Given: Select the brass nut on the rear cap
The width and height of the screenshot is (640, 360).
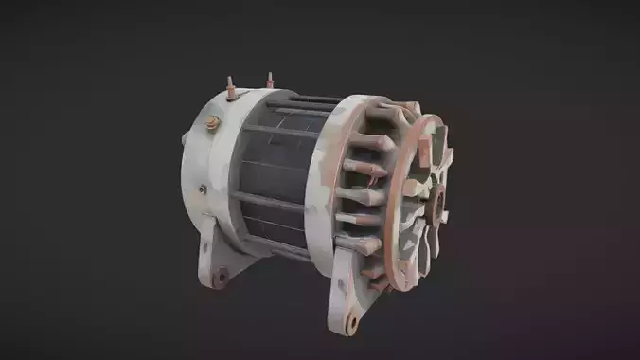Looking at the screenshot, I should tap(214, 122).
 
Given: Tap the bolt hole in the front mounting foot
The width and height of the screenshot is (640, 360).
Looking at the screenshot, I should tap(352, 322).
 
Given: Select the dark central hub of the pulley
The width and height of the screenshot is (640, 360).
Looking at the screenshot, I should tap(436, 204).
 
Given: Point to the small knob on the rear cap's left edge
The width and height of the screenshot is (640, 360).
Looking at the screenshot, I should tap(183, 139).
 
